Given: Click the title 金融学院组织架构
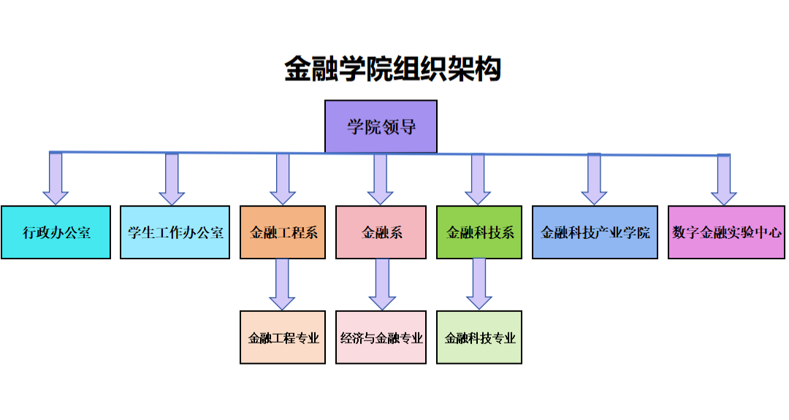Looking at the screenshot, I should (392, 69).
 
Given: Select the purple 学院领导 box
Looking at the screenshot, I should (381, 126).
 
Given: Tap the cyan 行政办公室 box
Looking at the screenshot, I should (56, 232).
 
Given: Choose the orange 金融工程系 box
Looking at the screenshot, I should (283, 232).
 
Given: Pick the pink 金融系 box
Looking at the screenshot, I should (381, 232).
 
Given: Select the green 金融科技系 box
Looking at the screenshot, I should (479, 232).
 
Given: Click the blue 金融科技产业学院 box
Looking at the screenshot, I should (595, 232).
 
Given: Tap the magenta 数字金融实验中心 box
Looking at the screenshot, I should (726, 232).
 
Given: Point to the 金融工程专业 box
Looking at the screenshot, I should (283, 337).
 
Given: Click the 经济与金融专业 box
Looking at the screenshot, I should (381, 337).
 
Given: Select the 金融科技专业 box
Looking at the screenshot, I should (479, 337).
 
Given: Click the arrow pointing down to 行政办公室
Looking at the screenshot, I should (56, 179).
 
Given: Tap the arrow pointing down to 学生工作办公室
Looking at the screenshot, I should (172, 180).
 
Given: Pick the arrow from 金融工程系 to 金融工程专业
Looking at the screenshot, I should (282, 285).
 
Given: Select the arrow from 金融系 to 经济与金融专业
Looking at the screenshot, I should (381, 285).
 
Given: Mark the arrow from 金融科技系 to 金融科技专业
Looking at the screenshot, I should (479, 285).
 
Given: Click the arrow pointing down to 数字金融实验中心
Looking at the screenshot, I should (724, 180).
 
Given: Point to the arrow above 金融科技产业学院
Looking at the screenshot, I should (594, 180).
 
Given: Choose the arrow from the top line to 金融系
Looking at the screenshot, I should (380, 180).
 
